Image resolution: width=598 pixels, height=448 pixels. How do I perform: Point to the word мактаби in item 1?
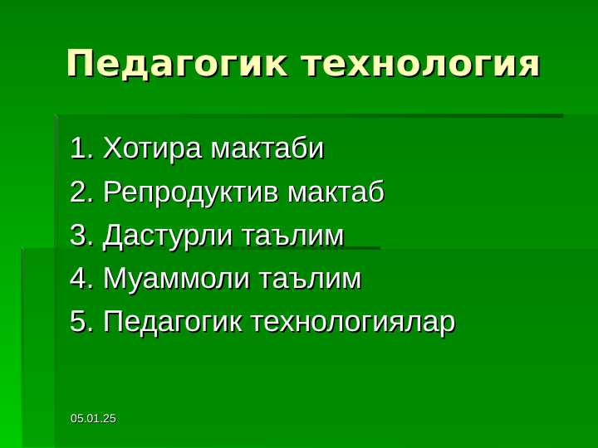click(267, 150)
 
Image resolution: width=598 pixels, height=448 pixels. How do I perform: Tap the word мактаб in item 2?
click(336, 193)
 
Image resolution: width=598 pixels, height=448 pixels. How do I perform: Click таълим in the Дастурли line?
click(292, 236)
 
